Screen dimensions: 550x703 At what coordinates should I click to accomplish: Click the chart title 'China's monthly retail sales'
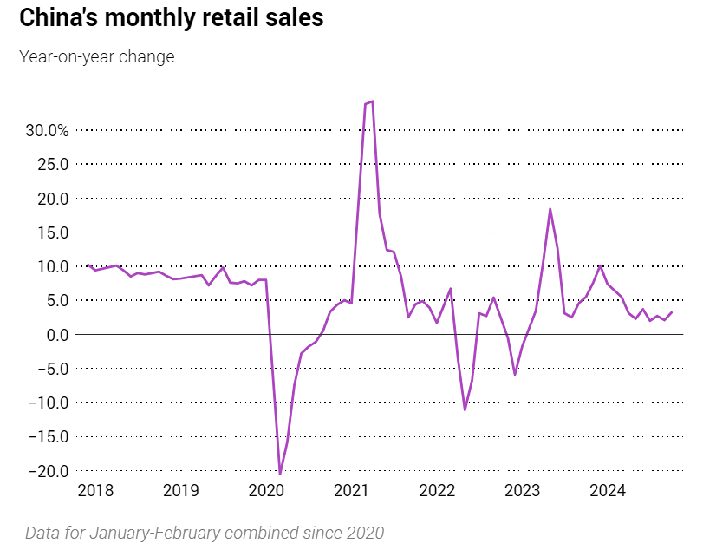coord(171,18)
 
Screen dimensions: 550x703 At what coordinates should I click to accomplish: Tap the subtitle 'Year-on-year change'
coord(96,57)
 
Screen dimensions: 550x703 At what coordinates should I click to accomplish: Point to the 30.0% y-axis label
coord(47,130)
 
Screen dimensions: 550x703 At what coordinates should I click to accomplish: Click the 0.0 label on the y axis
coord(57,335)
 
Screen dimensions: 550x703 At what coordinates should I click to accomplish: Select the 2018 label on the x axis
coord(95,491)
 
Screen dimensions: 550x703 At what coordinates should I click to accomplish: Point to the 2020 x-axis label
coord(266,491)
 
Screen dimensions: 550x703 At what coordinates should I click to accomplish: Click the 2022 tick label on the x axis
coord(437,491)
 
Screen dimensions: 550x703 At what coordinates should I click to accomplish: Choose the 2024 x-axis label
coord(608,491)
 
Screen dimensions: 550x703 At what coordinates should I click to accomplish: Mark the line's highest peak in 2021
coord(372,101)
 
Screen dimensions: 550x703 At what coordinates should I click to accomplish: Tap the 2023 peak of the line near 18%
coord(550,208)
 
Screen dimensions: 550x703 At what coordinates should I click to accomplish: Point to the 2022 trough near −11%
coord(465,409)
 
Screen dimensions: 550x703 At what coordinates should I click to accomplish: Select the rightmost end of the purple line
coord(672,312)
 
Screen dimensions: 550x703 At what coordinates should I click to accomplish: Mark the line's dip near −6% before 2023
coord(515,374)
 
